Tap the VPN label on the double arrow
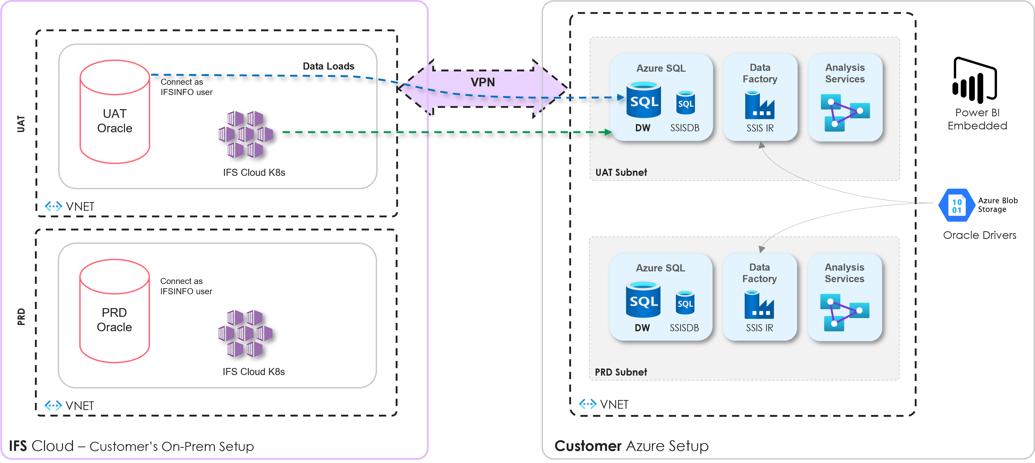click(483, 82)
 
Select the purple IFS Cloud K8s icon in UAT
click(245, 134)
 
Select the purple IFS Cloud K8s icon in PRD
click(245, 333)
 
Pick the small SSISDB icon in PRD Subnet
click(685, 303)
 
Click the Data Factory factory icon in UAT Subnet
click(759, 105)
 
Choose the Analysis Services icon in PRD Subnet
click(845, 312)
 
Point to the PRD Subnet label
click(621, 372)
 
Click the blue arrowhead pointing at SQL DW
click(620, 97)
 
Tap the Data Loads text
click(328, 66)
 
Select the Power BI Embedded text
click(977, 119)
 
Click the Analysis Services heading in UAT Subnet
click(845, 73)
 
